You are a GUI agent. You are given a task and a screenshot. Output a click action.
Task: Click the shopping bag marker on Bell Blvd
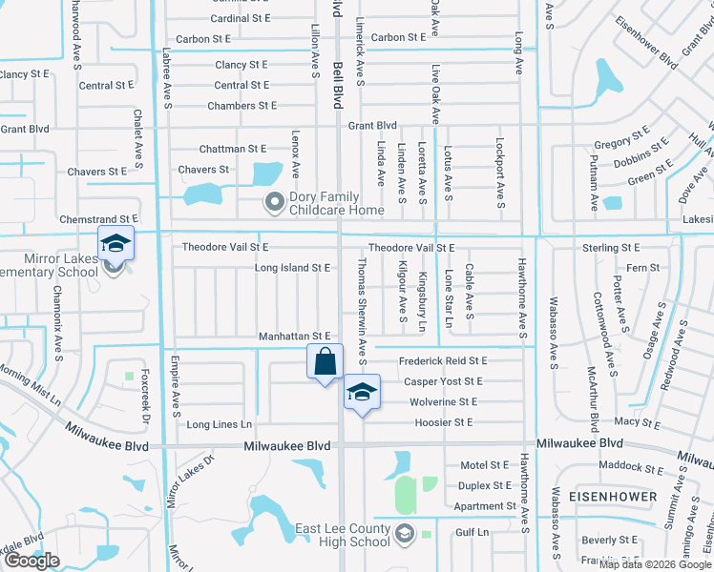tap(325, 363)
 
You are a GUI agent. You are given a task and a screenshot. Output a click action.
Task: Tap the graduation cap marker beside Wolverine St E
tap(362, 393)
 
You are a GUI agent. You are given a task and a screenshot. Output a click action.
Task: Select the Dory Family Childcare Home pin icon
tap(275, 201)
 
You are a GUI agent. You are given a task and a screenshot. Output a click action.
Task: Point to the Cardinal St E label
tap(241, 18)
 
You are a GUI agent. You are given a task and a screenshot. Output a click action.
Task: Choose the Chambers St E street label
tap(242, 106)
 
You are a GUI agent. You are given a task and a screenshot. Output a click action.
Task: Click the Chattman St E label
tap(233, 150)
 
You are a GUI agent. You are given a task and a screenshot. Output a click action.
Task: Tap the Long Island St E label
tap(292, 268)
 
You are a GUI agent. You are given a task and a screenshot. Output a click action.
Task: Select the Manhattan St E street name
tap(294, 337)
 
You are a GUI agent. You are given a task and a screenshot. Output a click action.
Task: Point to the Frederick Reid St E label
tap(443, 361)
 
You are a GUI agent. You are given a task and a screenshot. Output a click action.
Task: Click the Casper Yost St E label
tap(443, 381)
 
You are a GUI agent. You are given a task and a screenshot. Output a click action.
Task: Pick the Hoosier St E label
tap(443, 422)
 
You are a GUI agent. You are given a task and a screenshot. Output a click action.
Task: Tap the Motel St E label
tap(485, 465)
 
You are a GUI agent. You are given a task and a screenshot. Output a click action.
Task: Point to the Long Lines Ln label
tap(220, 424)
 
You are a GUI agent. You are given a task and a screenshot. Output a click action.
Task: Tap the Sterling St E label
tap(611, 248)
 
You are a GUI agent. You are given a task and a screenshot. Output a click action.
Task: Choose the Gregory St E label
tap(620, 136)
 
